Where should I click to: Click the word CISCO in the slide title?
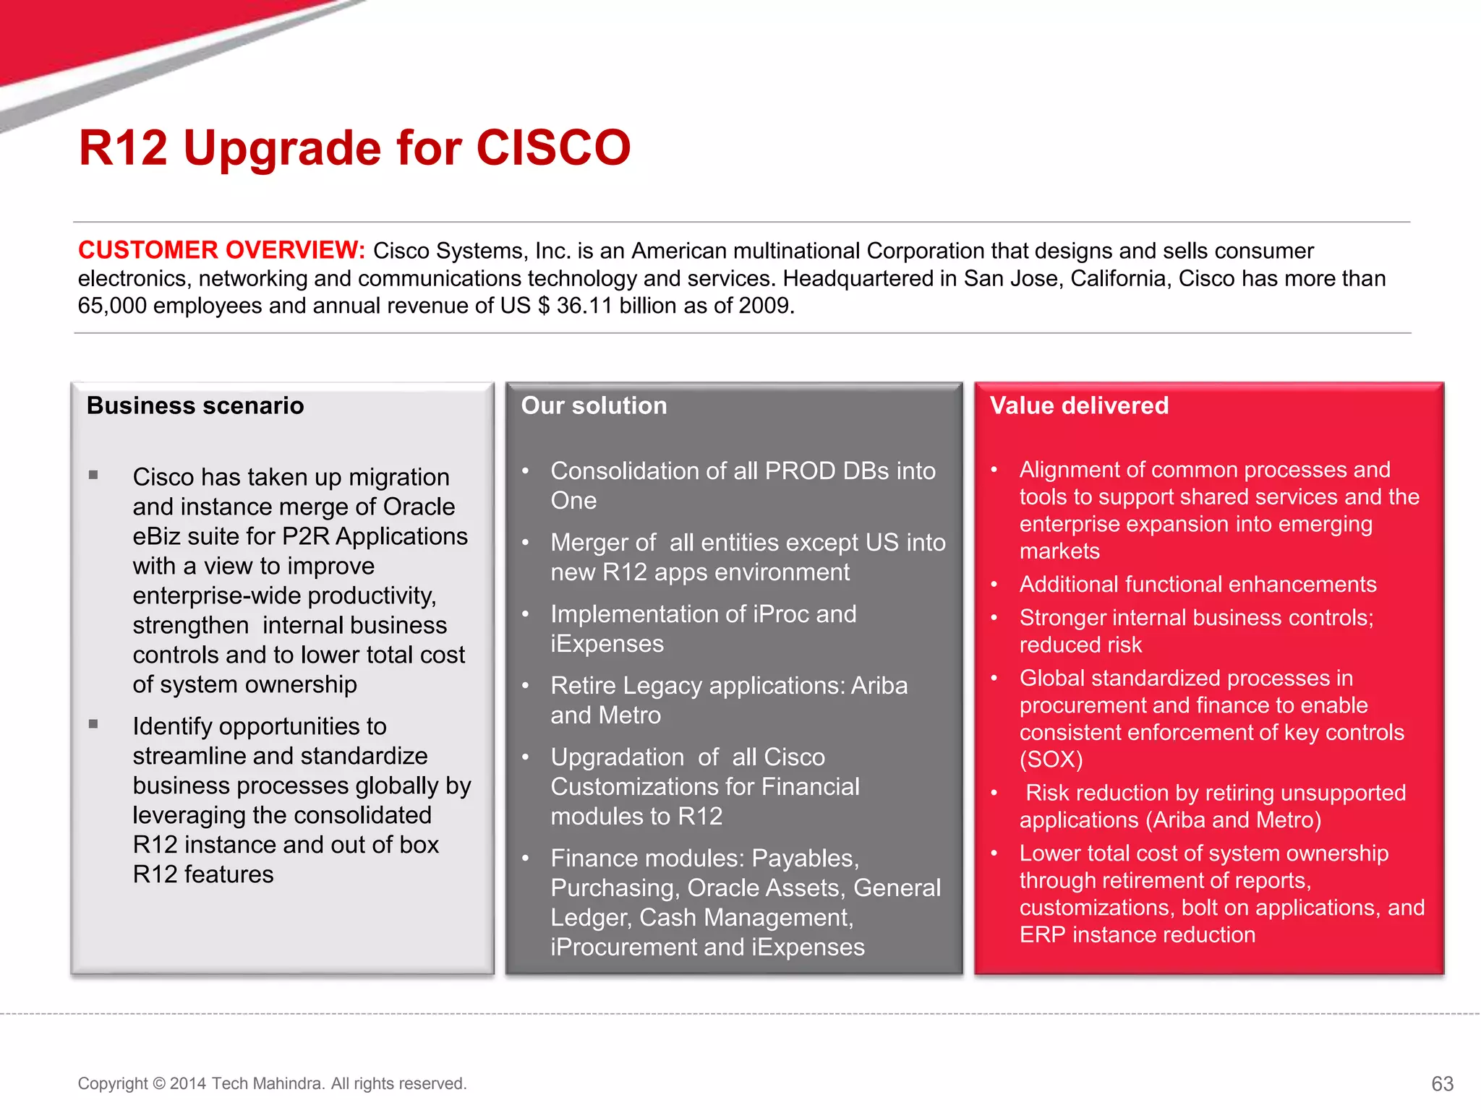pyautogui.click(x=553, y=148)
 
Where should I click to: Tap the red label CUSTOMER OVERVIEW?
pyautogui.click(x=221, y=250)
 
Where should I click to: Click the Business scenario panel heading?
pyautogui.click(x=195, y=405)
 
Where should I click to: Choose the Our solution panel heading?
pyautogui.click(x=594, y=405)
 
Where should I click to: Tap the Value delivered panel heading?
pyautogui.click(x=1078, y=405)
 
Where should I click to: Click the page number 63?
pyautogui.click(x=1442, y=1083)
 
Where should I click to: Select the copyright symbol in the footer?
pyautogui.click(x=159, y=1083)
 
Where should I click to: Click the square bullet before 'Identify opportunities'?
pyautogui.click(x=93, y=724)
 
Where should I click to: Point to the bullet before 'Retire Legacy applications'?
pyautogui.click(x=526, y=685)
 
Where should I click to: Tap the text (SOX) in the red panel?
pyautogui.click(x=1051, y=760)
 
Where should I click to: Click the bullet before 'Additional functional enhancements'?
pyautogui.click(x=994, y=584)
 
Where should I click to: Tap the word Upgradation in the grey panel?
pyautogui.click(x=617, y=757)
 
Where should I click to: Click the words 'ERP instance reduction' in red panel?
pyautogui.click(x=1137, y=935)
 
